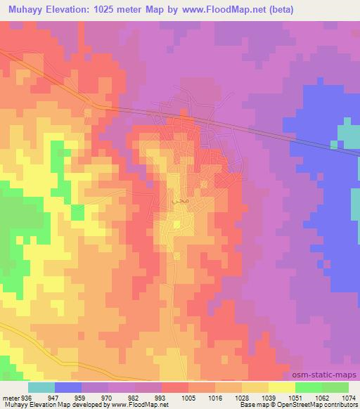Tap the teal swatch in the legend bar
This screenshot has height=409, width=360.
coord(41,387)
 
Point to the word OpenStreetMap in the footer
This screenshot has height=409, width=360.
coord(299,405)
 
